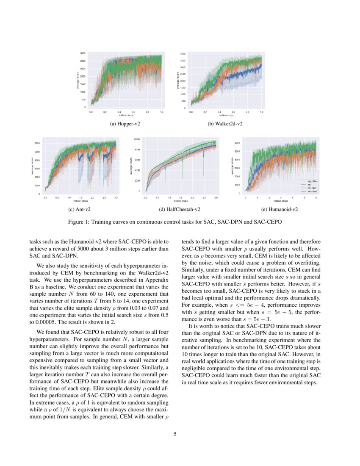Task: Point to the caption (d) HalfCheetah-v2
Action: click(x=180, y=209)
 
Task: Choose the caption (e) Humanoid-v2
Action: click(x=280, y=209)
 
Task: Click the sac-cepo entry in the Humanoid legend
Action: click(x=312, y=191)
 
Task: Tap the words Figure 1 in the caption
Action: click(x=78, y=222)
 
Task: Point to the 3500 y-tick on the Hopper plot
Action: click(x=83, y=53)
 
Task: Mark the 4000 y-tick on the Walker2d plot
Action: click(x=183, y=54)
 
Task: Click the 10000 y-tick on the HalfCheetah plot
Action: click(x=136, y=139)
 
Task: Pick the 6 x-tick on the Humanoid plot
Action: click(x=316, y=197)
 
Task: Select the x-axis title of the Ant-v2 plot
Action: click(x=80, y=201)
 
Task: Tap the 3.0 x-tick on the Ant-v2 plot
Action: click(x=116, y=197)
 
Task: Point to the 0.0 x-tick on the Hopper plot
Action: click(x=91, y=112)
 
